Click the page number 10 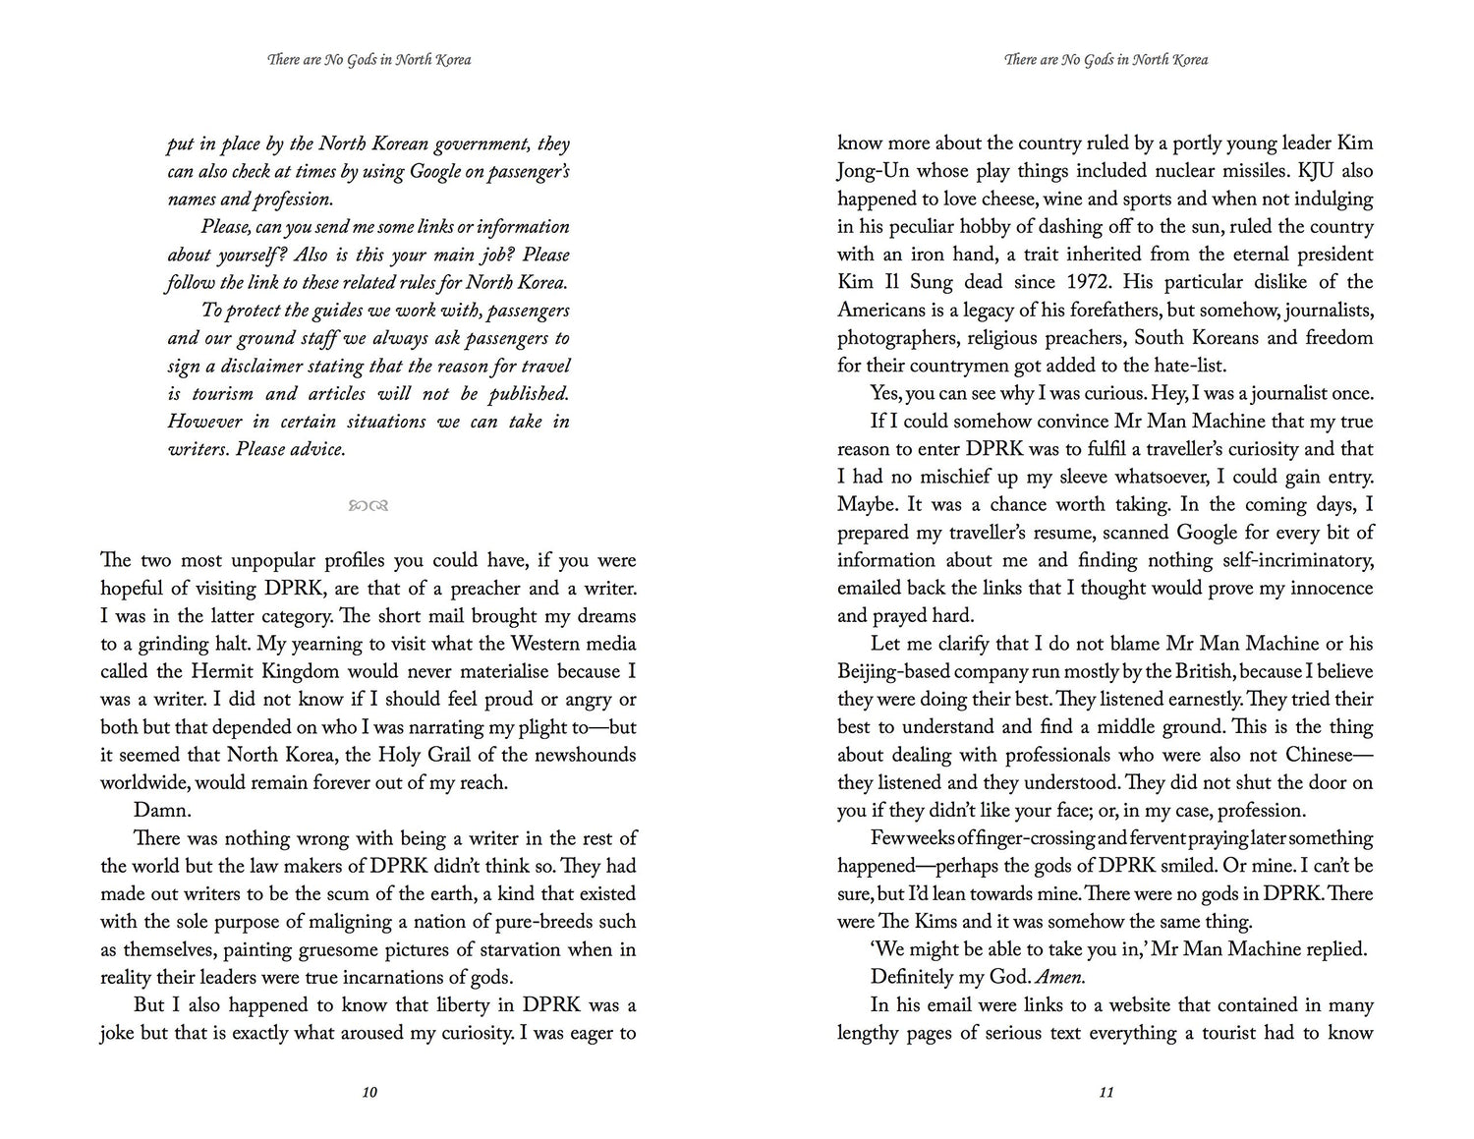pos(369,1092)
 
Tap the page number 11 pos(1105,1092)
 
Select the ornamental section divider pos(368,506)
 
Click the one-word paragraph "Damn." pos(157,811)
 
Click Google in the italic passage pos(433,172)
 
